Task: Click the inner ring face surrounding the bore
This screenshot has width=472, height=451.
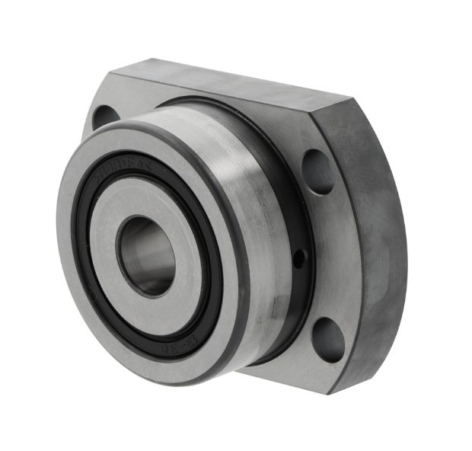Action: (x=114, y=229)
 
